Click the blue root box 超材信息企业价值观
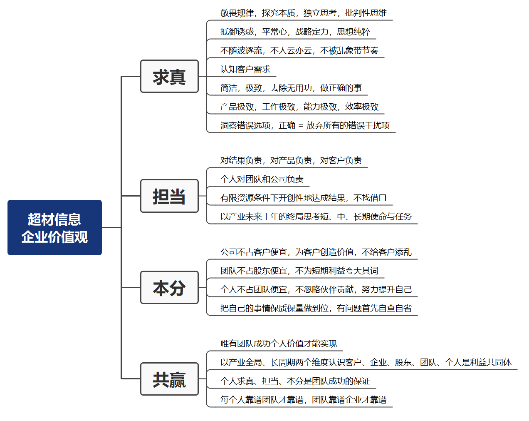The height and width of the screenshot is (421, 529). [54, 227]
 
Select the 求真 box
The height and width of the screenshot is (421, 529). [169, 76]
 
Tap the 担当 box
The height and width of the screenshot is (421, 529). [169, 196]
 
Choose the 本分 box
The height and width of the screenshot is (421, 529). [169, 287]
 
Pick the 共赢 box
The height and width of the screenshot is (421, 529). [169, 379]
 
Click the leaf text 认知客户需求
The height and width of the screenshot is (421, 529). [245, 69]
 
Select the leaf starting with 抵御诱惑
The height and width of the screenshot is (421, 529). [295, 32]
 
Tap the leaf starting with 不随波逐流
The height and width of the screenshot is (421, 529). [299, 50]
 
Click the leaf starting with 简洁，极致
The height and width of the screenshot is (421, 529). [291, 88]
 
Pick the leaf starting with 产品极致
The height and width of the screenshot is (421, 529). [299, 107]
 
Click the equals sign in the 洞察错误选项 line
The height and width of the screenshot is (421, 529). [301, 126]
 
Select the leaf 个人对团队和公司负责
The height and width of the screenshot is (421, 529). [262, 179]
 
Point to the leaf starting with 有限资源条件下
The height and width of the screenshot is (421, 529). [303, 198]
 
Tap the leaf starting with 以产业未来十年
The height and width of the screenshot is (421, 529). [316, 217]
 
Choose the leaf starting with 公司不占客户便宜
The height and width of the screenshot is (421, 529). [316, 252]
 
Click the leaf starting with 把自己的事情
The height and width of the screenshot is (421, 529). [316, 308]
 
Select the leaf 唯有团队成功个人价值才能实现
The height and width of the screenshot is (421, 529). [279, 344]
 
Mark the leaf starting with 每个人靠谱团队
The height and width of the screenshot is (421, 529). [303, 400]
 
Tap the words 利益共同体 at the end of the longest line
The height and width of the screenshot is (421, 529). [491, 362]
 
